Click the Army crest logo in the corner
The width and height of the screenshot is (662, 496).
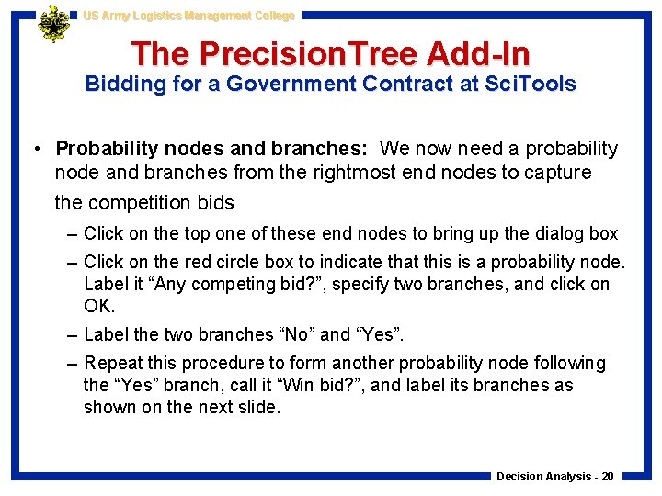point(54,25)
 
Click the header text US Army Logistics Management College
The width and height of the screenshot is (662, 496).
point(188,16)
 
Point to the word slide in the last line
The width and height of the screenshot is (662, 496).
point(257,406)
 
